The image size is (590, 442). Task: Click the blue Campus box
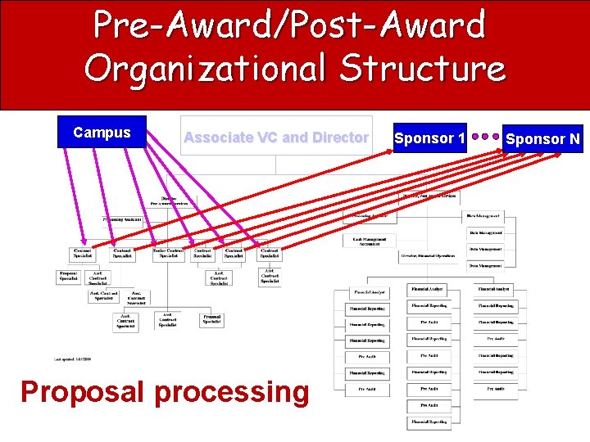point(102,133)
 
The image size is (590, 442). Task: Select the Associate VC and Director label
point(276,138)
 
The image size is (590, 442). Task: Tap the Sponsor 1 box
point(429,138)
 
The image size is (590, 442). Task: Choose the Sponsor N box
point(542,139)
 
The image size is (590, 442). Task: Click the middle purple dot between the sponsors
point(486,138)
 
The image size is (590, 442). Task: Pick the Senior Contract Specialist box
point(167,254)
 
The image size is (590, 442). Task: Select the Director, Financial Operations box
point(429,256)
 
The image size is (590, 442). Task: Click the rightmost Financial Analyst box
point(495,290)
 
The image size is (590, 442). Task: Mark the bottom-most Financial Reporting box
point(429,422)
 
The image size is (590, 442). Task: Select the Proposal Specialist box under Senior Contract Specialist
point(211,319)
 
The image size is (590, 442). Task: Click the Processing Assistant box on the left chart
point(123,219)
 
